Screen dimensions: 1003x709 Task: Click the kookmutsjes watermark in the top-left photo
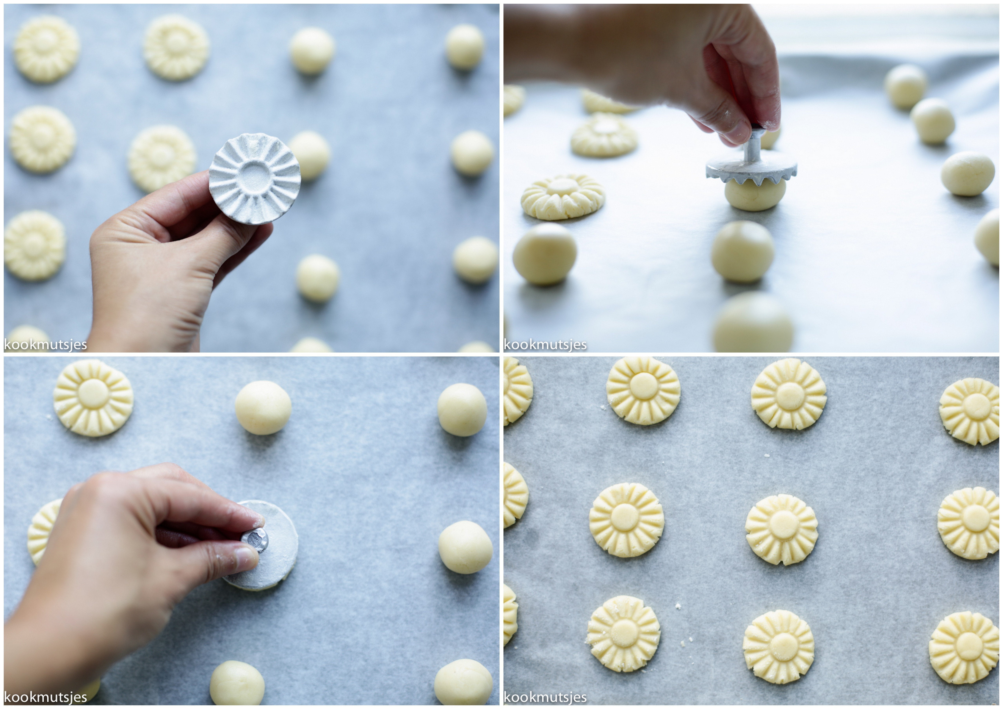pyautogui.click(x=45, y=345)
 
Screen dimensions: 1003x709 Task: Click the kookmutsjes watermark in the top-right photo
pyautogui.click(x=545, y=345)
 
